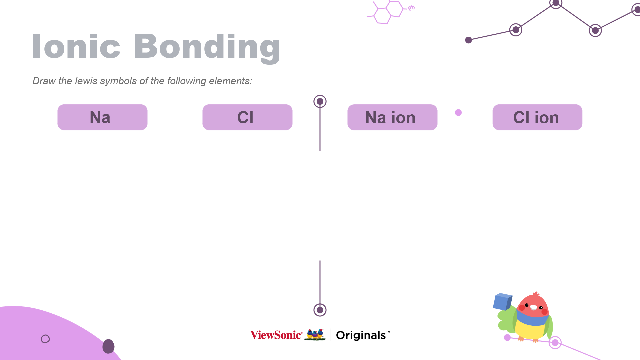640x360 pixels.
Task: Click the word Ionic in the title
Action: click(x=76, y=46)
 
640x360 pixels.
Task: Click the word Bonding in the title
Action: click(x=207, y=47)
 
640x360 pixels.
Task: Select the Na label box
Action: click(x=102, y=117)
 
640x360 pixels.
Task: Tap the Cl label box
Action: click(x=247, y=117)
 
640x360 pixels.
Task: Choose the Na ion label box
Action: click(x=392, y=117)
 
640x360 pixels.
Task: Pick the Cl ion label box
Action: click(x=537, y=117)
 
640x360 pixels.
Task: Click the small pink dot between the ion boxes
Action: click(x=458, y=113)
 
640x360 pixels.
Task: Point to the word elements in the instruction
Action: click(x=230, y=81)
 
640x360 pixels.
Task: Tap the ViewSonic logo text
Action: click(x=276, y=335)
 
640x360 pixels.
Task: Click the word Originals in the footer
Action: click(x=361, y=335)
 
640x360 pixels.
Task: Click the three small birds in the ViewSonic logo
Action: click(x=315, y=334)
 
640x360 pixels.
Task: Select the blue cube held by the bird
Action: click(x=502, y=301)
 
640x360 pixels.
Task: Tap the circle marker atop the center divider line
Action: click(x=320, y=101)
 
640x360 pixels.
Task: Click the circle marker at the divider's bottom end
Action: click(x=320, y=310)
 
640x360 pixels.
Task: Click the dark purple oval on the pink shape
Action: click(x=108, y=346)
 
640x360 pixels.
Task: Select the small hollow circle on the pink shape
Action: click(x=45, y=339)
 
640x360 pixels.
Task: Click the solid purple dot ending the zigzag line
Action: click(x=468, y=40)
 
